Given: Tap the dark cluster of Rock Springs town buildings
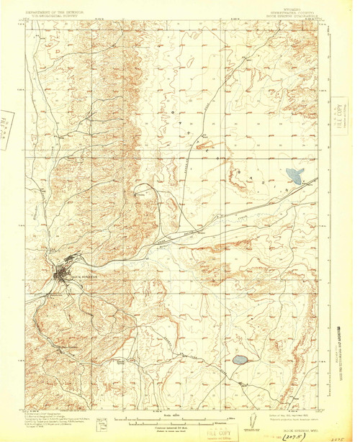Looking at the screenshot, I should (60, 273).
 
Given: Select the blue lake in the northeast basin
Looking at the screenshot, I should (294, 174).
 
